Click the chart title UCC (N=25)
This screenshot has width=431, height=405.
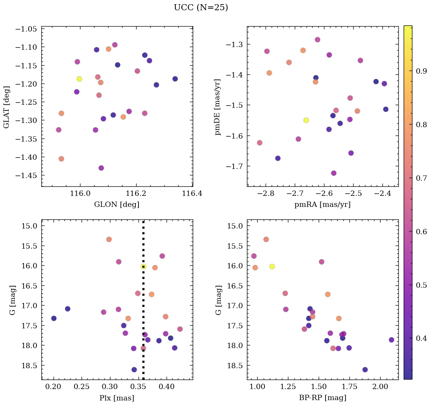[x=201, y=8]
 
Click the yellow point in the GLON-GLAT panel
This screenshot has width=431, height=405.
[x=79, y=79]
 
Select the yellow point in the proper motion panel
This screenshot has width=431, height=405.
[x=306, y=120]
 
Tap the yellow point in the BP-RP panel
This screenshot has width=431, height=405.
[x=272, y=266]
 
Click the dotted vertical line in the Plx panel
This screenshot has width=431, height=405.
[x=143, y=304]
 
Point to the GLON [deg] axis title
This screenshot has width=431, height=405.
[x=117, y=205]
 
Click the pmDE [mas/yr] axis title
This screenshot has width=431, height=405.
[x=218, y=107]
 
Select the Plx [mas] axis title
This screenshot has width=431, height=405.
[x=117, y=398]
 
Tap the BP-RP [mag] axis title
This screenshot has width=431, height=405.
[x=322, y=398]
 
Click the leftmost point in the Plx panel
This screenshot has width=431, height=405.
[x=54, y=318]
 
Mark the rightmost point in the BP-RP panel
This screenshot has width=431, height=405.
[x=392, y=340]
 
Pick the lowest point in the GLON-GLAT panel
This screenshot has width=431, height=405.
[x=101, y=168]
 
